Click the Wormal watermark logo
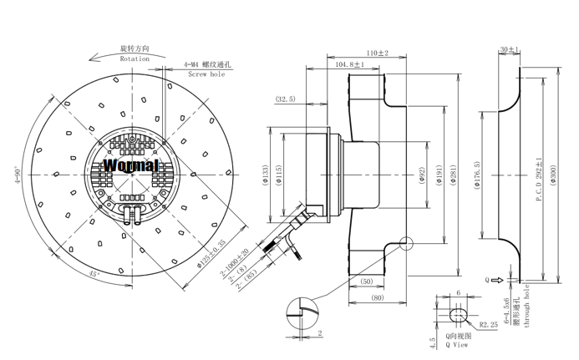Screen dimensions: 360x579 (x=130, y=165)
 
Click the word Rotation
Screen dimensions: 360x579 (x=135, y=59)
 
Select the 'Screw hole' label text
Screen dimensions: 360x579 (x=206, y=74)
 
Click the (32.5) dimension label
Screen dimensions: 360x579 (x=284, y=99)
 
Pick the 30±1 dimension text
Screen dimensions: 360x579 (x=509, y=50)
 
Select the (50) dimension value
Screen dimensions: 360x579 (x=368, y=282)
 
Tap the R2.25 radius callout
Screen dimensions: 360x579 (x=490, y=324)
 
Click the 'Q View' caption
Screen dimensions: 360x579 (x=459, y=344)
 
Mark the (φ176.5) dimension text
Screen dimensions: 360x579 (x=476, y=177)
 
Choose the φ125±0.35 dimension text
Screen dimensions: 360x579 (x=211, y=254)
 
